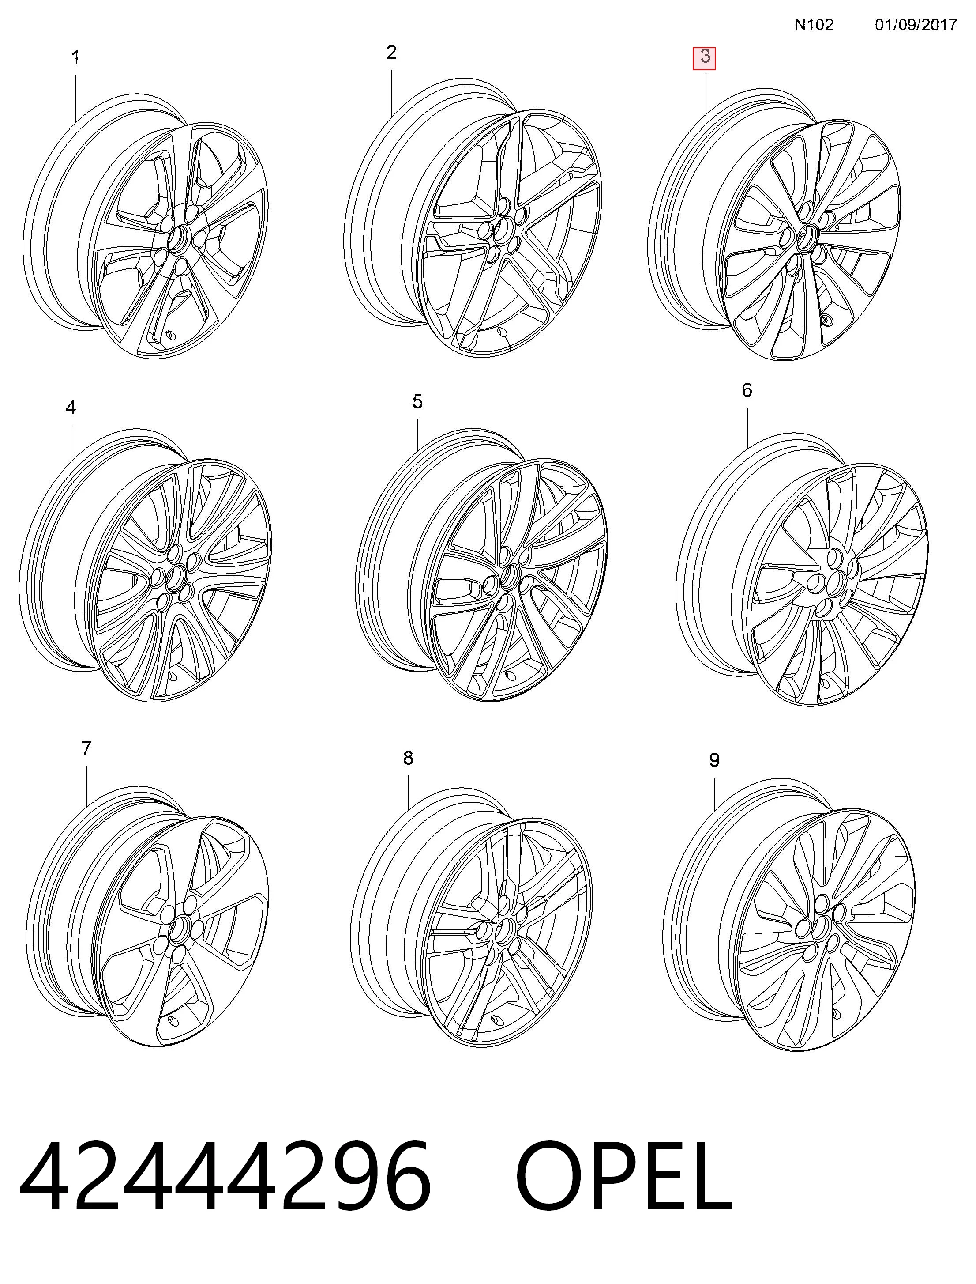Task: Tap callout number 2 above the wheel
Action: point(391,53)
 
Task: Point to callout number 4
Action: point(71,408)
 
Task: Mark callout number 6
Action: point(747,390)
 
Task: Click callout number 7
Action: point(86,749)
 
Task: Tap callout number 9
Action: point(715,760)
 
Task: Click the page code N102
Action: point(814,25)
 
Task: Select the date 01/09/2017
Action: point(916,25)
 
